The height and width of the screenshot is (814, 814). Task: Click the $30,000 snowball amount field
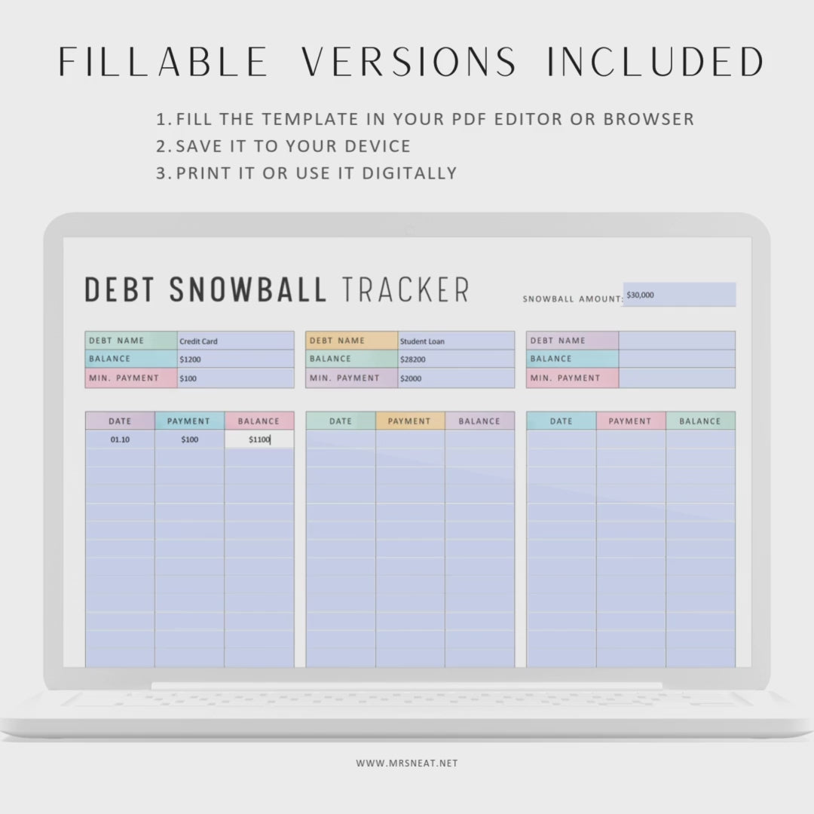click(x=679, y=295)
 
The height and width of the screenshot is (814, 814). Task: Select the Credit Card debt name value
click(x=198, y=341)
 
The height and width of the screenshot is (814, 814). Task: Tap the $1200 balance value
click(x=190, y=360)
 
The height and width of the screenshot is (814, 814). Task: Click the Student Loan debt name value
click(x=422, y=341)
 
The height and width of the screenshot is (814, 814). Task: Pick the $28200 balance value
click(x=413, y=360)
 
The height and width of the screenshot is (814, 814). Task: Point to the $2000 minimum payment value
click(x=411, y=378)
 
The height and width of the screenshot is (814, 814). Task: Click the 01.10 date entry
click(x=120, y=439)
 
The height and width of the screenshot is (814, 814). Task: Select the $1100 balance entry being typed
click(x=259, y=439)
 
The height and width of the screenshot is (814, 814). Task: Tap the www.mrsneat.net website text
click(x=407, y=763)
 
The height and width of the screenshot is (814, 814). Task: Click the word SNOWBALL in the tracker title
click(x=248, y=289)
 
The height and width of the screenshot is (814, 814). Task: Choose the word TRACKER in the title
click(x=405, y=289)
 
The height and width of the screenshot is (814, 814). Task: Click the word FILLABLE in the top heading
click(x=163, y=62)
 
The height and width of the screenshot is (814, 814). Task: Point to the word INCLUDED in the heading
click(x=656, y=62)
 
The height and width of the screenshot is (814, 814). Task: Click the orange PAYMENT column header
click(x=409, y=421)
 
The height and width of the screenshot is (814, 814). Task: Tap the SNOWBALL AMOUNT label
click(x=573, y=299)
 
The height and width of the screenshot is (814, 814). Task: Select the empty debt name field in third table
click(x=677, y=341)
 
